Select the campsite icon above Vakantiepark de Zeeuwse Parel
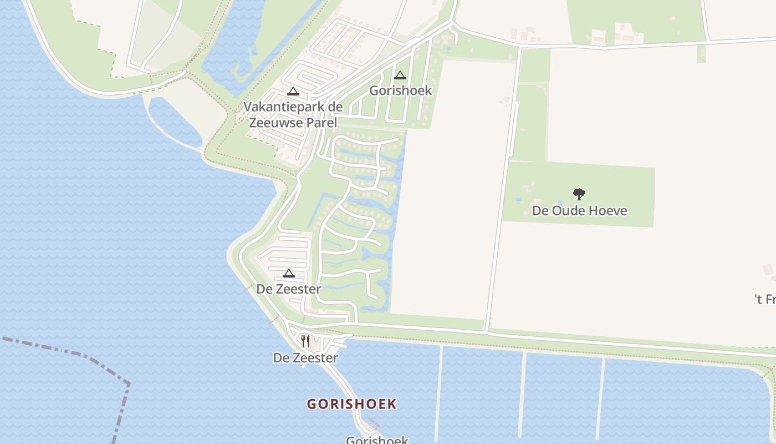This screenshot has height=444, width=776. coord(293,92)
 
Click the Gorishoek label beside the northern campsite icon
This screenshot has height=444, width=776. coord(400,90)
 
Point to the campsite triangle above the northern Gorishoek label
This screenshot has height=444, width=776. coord(400,75)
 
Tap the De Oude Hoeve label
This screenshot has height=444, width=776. coord(579,210)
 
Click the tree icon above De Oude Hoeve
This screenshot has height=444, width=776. coord(579,194)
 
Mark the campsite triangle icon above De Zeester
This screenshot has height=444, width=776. coord(288,273)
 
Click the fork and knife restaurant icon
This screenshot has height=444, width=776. coord(305,341)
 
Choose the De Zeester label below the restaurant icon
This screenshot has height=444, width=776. coord(305,358)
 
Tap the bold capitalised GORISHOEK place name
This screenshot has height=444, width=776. coord(352,404)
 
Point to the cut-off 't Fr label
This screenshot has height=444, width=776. coord(765,300)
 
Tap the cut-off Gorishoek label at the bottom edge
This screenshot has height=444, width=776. coord(377,440)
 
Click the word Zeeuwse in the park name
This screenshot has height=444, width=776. coord(275,123)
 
